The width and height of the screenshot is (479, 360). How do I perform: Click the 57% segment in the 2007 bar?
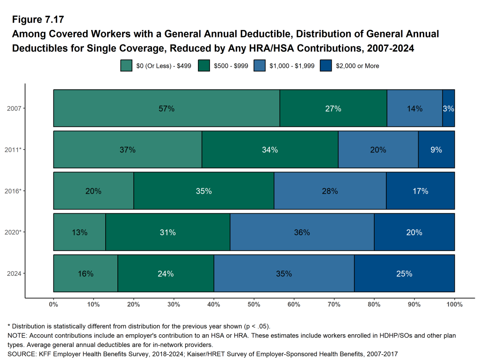167,108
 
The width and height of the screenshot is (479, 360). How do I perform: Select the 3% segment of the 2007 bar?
448,108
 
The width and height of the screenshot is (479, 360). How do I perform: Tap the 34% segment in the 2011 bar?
270,150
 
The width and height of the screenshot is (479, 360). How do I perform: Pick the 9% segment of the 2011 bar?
436,150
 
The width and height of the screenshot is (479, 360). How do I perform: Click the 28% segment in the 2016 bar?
329,191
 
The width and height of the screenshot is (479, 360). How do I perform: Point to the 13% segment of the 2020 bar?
80,232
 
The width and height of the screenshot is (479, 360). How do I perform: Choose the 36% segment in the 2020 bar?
302,232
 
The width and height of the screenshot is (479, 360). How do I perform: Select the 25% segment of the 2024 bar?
404,274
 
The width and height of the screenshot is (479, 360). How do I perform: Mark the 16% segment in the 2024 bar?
86,274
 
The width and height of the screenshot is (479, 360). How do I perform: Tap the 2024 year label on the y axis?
14,274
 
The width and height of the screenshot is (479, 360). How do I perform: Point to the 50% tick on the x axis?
254,305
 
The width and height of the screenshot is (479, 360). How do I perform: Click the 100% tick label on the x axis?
454,305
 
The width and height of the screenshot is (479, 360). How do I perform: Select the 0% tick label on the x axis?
54,305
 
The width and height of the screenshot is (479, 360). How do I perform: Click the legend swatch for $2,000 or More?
326,66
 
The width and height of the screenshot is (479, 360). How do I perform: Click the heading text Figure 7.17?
38,20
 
